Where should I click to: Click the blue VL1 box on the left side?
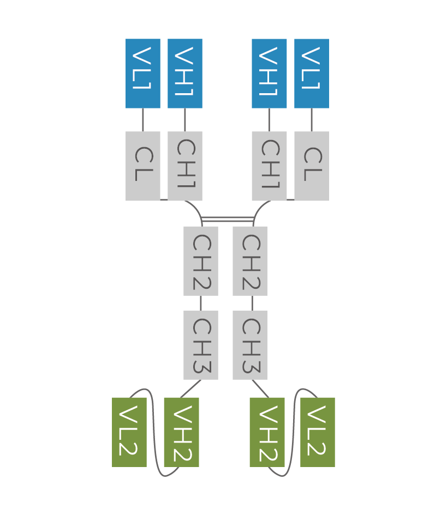click(x=142, y=74)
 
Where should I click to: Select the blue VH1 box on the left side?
click(x=184, y=74)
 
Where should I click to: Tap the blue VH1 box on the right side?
click(x=269, y=74)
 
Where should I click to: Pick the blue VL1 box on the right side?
click(x=311, y=74)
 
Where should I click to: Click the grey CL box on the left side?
click(x=142, y=166)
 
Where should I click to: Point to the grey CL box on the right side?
click(x=311, y=166)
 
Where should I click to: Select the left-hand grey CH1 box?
click(x=184, y=166)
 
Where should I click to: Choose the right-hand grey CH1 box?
click(x=269, y=166)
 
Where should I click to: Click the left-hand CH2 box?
click(x=200, y=261)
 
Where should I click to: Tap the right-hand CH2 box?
click(x=249, y=261)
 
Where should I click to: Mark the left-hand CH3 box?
click(x=200, y=345)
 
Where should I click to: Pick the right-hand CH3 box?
click(x=249, y=345)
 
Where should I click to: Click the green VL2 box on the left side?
click(x=129, y=432)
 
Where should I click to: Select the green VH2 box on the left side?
click(x=181, y=432)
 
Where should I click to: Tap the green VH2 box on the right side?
click(x=266, y=432)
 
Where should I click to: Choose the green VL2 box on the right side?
click(x=317, y=432)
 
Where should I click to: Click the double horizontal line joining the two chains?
click(x=227, y=219)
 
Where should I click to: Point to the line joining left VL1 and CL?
click(x=142, y=120)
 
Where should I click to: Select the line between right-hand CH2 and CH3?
click(x=252, y=303)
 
